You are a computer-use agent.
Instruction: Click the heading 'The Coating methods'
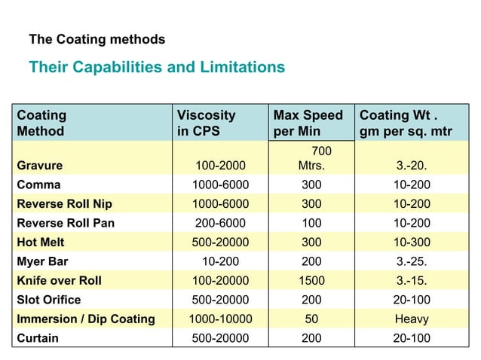[x=97, y=38]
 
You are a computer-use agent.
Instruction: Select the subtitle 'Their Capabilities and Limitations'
[x=157, y=68]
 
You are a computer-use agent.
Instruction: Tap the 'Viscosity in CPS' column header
[x=206, y=123]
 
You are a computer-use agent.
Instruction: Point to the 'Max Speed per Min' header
[x=308, y=123]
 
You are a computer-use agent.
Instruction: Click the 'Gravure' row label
[x=40, y=165]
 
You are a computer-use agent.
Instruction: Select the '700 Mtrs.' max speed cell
[x=311, y=158]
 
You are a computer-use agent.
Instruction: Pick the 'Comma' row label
[x=38, y=185]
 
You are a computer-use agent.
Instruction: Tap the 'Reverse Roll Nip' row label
[x=64, y=203]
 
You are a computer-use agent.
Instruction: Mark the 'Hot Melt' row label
[x=41, y=243]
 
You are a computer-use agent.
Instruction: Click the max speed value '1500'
[x=311, y=281]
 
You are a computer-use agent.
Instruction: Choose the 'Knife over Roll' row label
[x=59, y=281]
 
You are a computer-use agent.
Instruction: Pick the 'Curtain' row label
[x=38, y=339]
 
